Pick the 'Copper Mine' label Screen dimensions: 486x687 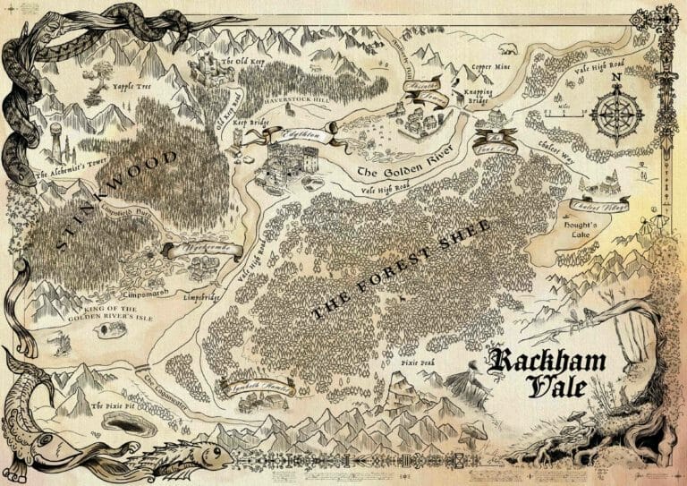pos(490,66)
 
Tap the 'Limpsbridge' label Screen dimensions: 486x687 pos(199,295)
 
